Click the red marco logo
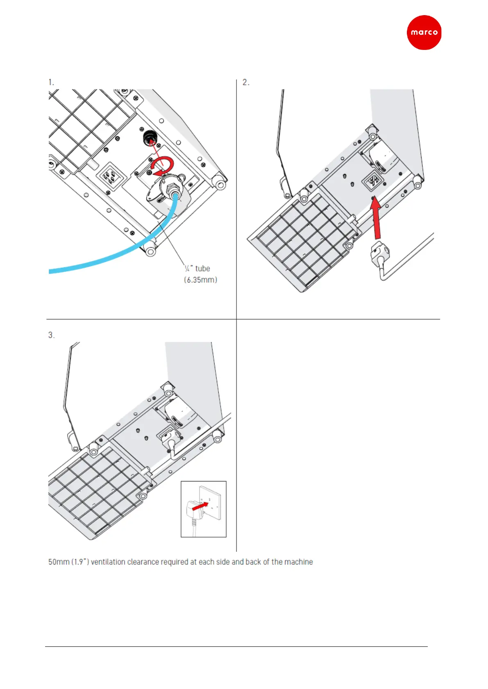(424, 33)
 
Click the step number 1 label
(51, 82)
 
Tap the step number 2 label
(245, 82)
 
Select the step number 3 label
(51, 335)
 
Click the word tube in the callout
(202, 269)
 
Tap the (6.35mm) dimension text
(200, 280)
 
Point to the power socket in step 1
(109, 177)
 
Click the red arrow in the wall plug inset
(200, 506)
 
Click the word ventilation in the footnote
(109, 562)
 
